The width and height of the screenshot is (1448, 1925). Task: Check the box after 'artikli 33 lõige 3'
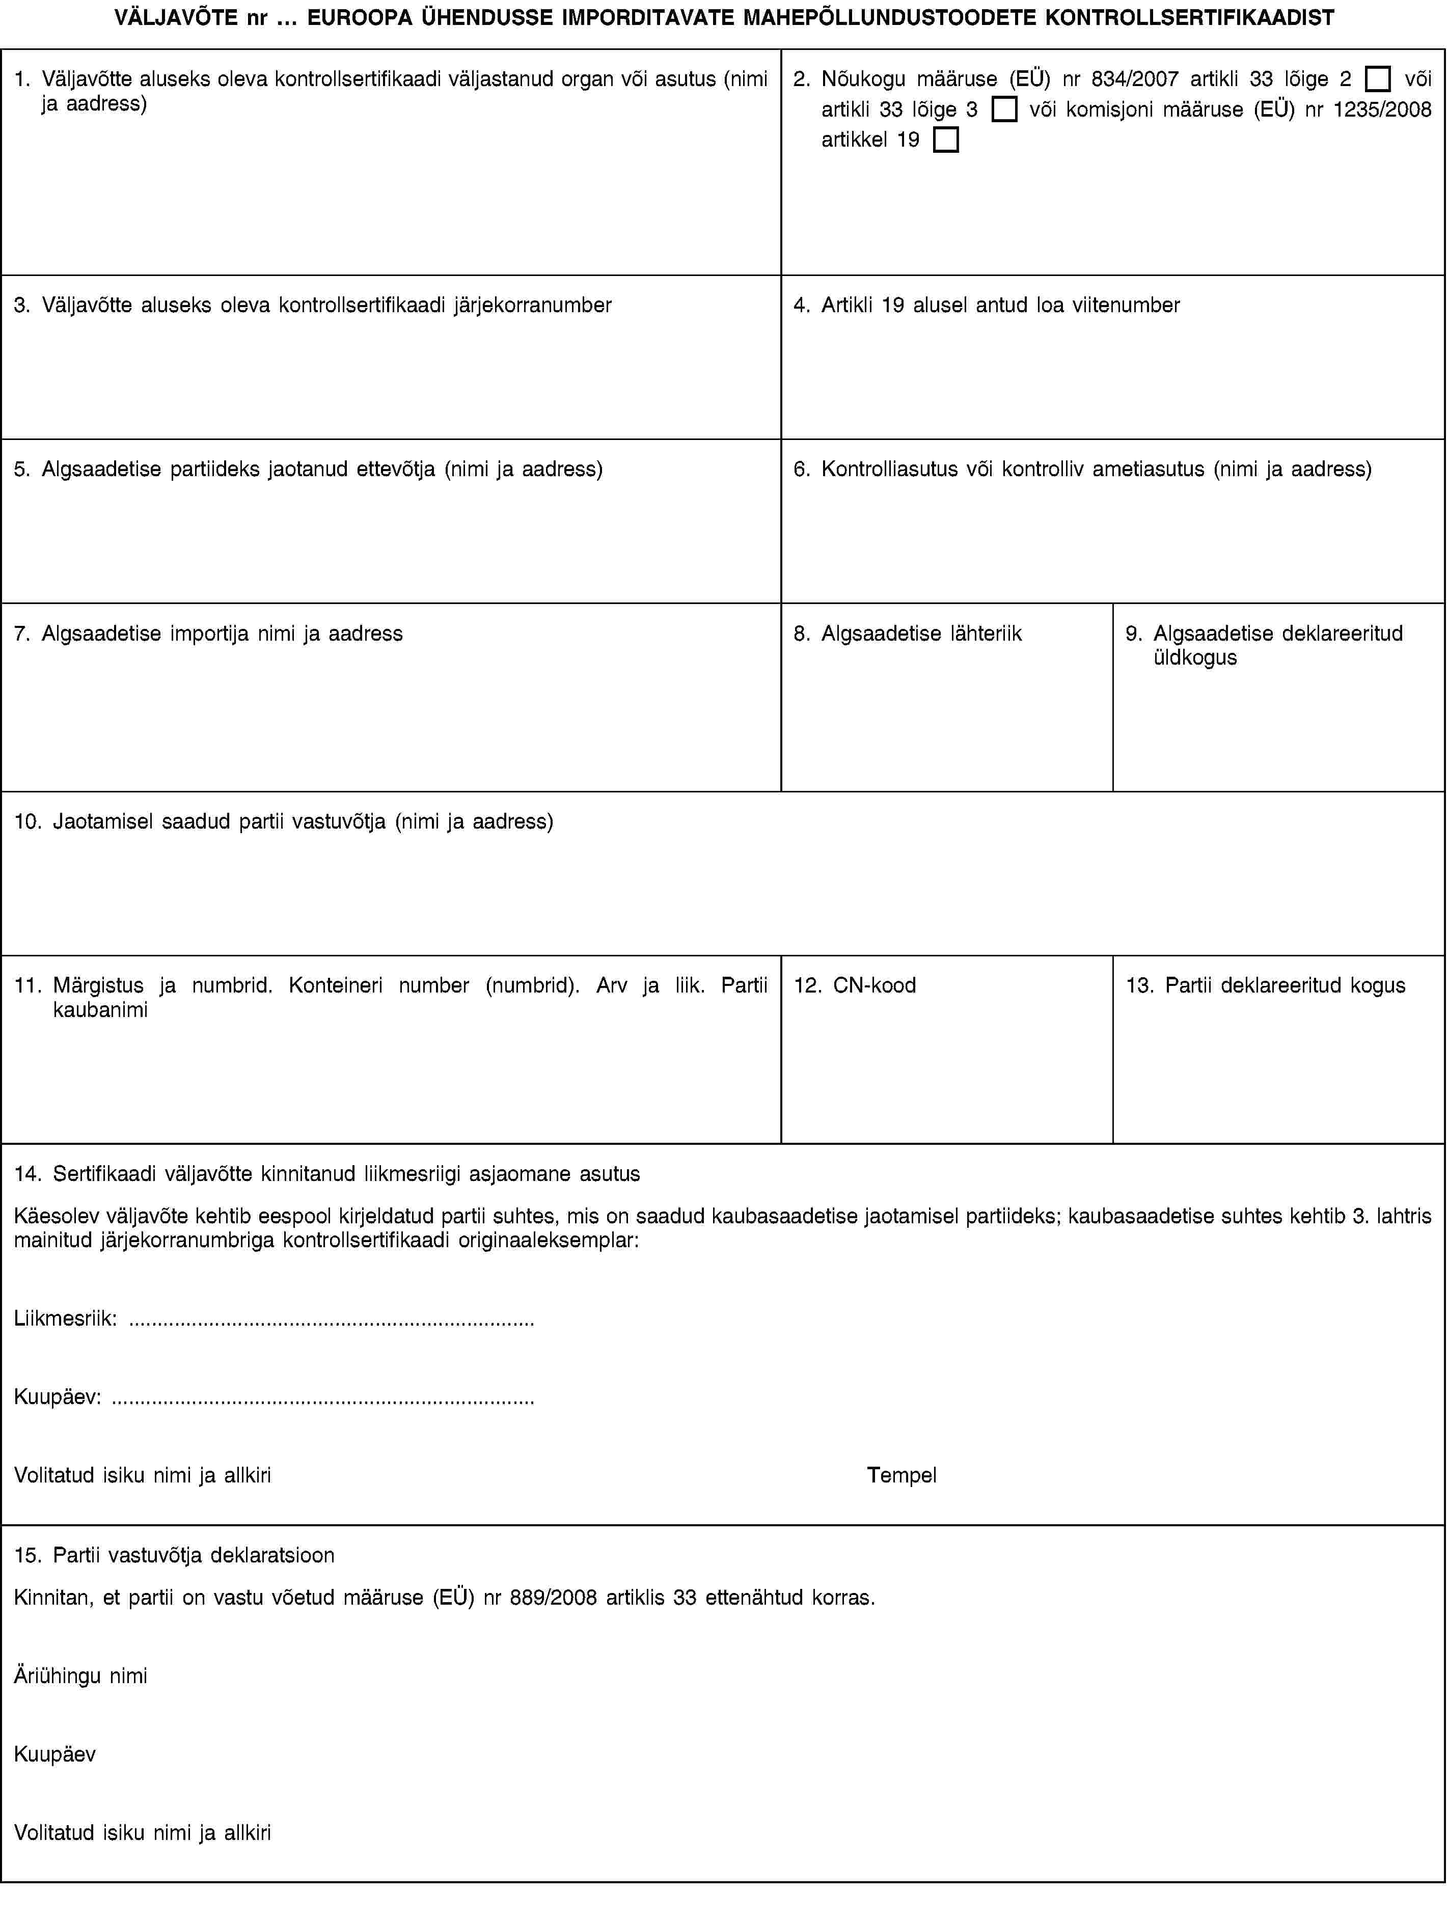tap(1004, 109)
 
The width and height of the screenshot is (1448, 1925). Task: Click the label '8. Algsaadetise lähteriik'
tap(908, 634)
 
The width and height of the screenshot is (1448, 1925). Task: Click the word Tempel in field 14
tap(901, 1475)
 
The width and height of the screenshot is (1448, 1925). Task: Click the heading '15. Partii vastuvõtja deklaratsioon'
tap(174, 1555)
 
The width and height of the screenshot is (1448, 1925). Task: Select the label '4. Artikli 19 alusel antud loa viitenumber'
tap(987, 306)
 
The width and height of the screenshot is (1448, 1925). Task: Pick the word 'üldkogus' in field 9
tap(1195, 658)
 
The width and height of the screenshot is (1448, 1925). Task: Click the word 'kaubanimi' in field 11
tap(100, 1009)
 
